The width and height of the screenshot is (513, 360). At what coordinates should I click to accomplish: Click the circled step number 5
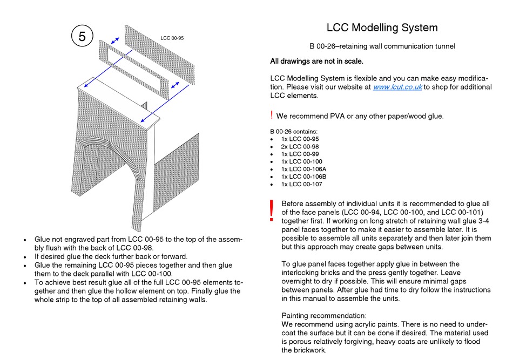pos(82,37)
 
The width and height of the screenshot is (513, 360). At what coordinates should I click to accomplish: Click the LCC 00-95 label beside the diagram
pos(172,38)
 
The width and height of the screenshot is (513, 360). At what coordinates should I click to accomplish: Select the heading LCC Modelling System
pos(382,28)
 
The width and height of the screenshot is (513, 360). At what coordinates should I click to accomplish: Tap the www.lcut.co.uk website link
pos(397,87)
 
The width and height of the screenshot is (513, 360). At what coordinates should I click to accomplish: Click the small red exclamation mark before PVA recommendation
pos(271,115)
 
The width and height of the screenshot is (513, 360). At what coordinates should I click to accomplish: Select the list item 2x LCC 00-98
pos(300,146)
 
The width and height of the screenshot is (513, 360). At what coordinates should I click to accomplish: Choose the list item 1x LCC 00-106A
pos(303,169)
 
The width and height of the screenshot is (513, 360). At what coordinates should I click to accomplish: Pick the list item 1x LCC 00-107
pos(301,184)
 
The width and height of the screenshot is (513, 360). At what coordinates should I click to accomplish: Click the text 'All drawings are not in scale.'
pos(316,61)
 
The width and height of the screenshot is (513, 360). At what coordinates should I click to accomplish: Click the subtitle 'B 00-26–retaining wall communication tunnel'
pos(382,46)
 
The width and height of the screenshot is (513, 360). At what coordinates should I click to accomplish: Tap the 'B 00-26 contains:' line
pos(294,131)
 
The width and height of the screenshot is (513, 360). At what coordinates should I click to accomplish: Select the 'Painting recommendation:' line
pos(324,315)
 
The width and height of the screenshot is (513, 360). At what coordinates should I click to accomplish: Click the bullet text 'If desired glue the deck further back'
pos(111,256)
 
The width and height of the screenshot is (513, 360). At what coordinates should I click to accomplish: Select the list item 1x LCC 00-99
pos(300,154)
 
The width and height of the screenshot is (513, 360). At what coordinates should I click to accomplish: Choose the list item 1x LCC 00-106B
pos(303,176)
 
